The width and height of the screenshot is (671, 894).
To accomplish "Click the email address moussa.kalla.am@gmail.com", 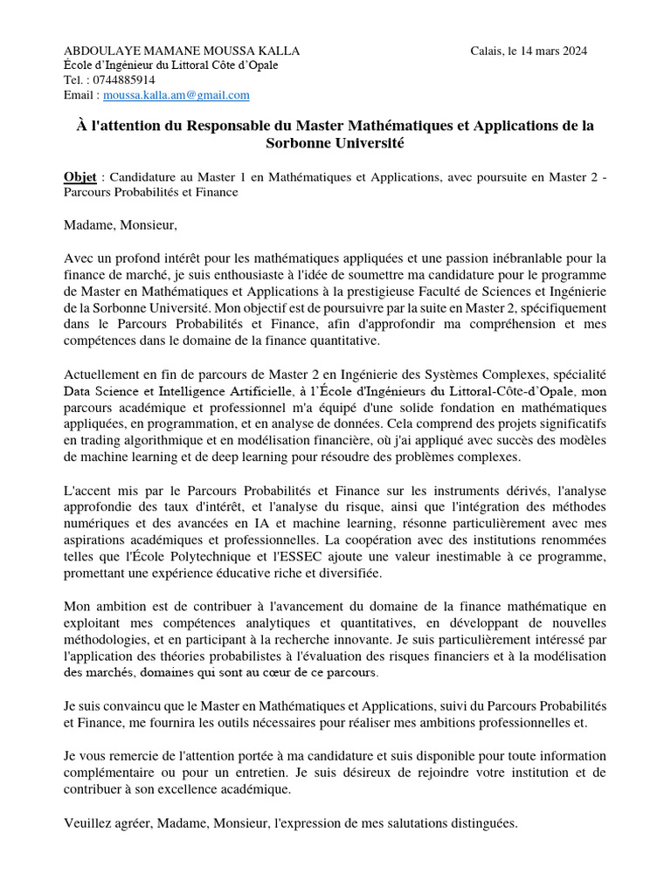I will tap(176, 95).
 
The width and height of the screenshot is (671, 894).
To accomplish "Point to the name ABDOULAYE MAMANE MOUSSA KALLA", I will tap(182, 52).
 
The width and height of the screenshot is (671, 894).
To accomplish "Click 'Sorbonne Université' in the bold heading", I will tap(335, 142).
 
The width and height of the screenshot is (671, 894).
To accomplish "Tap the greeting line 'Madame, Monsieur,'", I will tap(121, 225).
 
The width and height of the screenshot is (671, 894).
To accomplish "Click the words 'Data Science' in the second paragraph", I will tap(98, 390).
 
